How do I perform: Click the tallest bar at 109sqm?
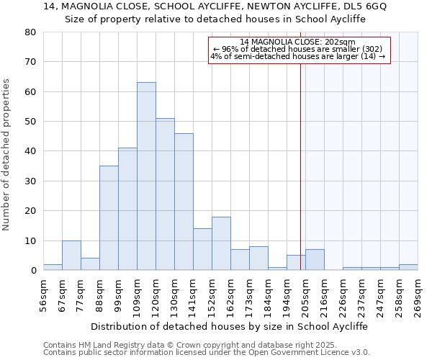[x=146, y=176]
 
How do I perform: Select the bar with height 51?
[x=165, y=194]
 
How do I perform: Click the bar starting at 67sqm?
[x=71, y=256]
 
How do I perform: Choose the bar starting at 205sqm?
[x=315, y=260]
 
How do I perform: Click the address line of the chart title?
[x=215, y=6]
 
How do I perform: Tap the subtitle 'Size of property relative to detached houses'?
[x=215, y=19]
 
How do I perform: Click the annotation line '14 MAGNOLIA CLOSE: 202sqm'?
[x=297, y=42]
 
